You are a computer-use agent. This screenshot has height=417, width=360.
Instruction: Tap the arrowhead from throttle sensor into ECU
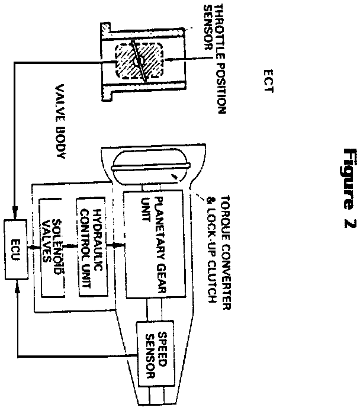point(14,216)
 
